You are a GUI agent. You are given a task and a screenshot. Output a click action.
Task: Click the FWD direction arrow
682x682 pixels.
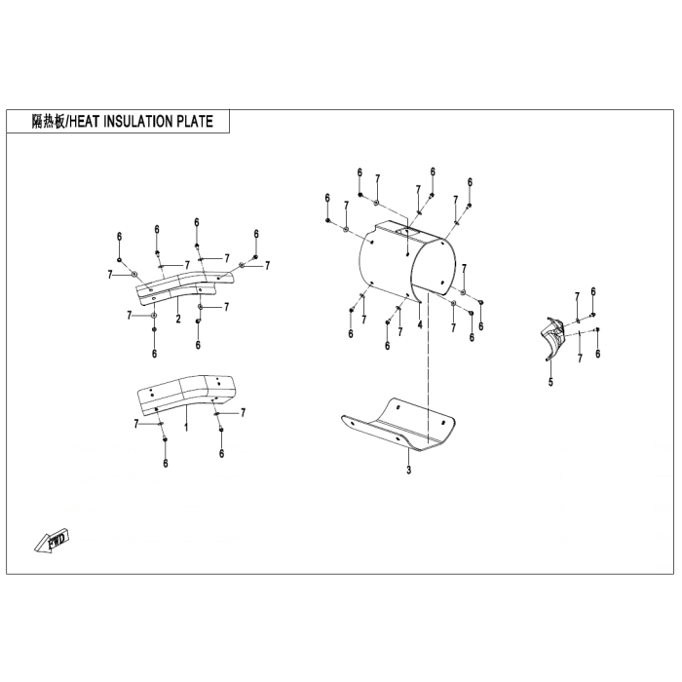tap(53, 540)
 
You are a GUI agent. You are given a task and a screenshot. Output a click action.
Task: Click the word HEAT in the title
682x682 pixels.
tap(84, 122)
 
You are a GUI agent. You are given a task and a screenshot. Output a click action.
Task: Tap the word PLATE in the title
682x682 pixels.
tap(195, 122)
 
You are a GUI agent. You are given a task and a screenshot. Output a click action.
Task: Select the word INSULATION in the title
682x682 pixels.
tap(137, 122)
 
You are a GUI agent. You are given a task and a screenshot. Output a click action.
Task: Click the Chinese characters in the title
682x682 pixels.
tap(48, 122)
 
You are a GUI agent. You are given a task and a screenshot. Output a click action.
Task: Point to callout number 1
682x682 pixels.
tap(186, 427)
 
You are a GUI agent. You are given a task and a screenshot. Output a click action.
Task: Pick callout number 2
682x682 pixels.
tap(178, 319)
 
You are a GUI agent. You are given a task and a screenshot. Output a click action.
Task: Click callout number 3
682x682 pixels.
tap(408, 470)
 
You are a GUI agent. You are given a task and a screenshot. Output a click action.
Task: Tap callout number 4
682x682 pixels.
tap(420, 324)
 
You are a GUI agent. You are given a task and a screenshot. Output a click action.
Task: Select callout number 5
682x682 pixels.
tap(550, 382)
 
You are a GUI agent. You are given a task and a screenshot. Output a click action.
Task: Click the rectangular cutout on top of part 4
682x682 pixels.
tap(407, 232)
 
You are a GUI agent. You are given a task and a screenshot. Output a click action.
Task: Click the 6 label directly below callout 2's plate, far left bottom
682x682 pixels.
tap(154, 354)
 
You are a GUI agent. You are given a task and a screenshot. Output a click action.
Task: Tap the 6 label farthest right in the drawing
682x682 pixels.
tap(597, 354)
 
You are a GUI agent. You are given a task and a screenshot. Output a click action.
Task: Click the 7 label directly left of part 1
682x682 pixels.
tap(136, 423)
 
